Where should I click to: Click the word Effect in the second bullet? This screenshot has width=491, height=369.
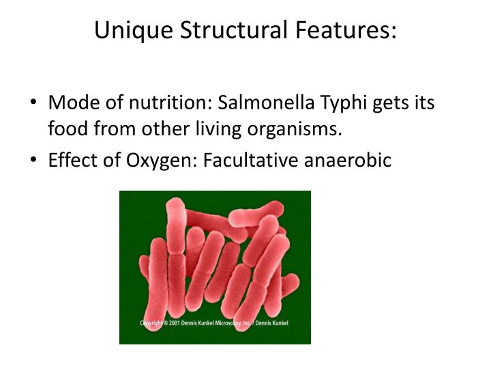tap(73, 161)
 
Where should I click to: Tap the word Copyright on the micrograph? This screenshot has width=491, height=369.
tap(153, 323)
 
